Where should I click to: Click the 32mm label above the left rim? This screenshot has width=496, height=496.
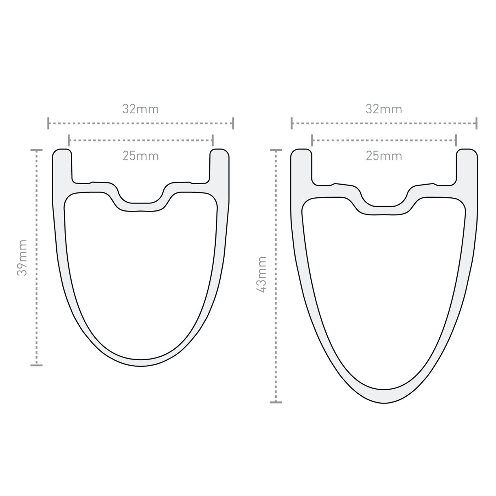(x=140, y=109)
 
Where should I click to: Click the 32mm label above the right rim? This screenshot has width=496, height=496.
(x=384, y=109)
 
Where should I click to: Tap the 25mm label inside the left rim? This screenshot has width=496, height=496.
(x=141, y=156)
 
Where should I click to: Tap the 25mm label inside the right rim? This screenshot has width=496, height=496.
(x=384, y=156)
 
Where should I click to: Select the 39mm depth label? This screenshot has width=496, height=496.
(x=22, y=258)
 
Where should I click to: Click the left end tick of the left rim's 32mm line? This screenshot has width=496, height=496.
(x=48, y=123)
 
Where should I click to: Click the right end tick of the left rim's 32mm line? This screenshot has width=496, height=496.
(x=233, y=123)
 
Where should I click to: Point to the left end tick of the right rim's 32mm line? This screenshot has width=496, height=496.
(x=291, y=123)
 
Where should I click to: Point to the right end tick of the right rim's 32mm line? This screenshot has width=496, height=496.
(x=477, y=123)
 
